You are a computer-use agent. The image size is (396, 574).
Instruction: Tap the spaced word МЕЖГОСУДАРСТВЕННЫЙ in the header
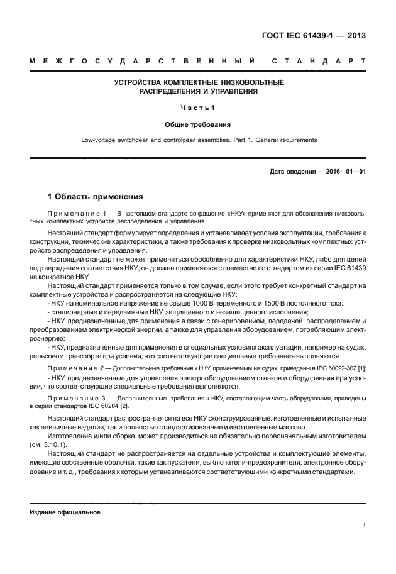[142, 62]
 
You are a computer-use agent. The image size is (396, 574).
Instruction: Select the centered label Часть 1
[198, 108]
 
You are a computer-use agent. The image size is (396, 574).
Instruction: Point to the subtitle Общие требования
[198, 124]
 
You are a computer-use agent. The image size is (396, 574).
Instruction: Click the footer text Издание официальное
[65, 512]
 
